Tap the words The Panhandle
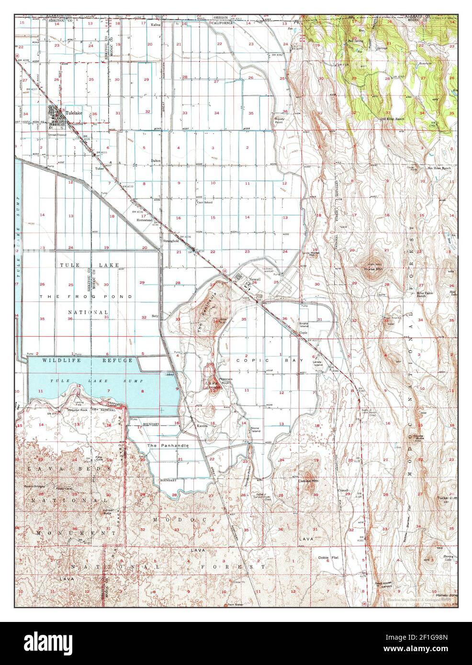pos(168,445)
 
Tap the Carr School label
pos(204,202)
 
